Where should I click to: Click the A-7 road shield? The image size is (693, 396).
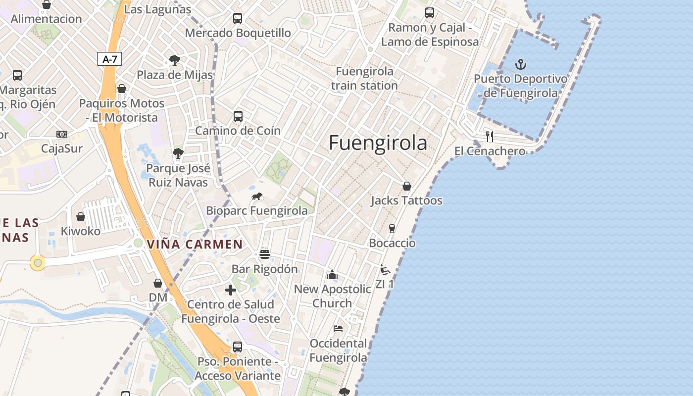[x=109, y=59]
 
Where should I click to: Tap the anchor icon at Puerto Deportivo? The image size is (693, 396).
[x=520, y=64]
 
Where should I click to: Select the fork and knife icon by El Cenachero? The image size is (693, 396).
[x=490, y=137]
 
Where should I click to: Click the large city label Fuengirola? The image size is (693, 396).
[x=378, y=143]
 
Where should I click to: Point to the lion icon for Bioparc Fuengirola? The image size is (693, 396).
[x=256, y=197]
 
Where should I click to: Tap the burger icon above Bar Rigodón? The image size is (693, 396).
[x=265, y=254]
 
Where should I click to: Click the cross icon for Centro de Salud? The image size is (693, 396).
[x=231, y=290]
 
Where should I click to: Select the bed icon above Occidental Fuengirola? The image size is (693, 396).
[x=338, y=328]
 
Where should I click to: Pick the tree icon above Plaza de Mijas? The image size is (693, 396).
[x=174, y=60]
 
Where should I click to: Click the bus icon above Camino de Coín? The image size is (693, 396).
[x=238, y=116]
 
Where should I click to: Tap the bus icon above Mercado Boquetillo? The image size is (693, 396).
[x=238, y=18]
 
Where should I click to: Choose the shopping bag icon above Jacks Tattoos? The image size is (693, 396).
[x=406, y=186]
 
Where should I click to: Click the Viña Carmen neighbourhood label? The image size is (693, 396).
[x=195, y=244]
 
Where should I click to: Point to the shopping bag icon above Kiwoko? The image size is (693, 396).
[x=80, y=217]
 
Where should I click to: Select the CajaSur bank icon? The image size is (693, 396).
[x=62, y=134]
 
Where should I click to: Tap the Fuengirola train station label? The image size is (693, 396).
[x=364, y=78]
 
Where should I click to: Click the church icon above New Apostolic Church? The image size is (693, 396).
[x=332, y=274]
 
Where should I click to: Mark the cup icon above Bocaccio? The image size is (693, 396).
[x=392, y=228]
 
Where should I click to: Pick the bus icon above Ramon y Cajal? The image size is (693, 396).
[x=430, y=13]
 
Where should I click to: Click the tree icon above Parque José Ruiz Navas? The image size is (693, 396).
[x=178, y=153]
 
